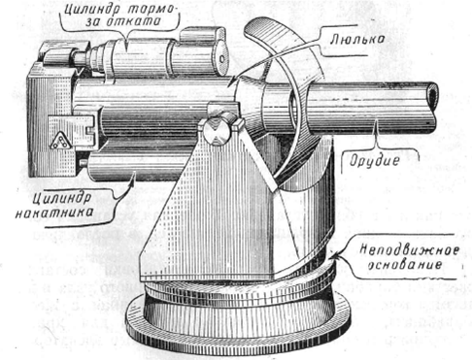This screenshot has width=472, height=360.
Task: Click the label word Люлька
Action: click(357, 40)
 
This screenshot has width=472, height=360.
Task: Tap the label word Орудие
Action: click(374, 160)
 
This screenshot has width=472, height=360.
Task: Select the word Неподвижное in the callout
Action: click(410, 250)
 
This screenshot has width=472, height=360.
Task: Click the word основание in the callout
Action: click(406, 264)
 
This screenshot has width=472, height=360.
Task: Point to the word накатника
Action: click(54, 213)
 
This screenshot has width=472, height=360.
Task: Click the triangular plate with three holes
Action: click(60, 142)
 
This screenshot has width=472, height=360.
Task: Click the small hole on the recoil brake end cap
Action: click(221, 58)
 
